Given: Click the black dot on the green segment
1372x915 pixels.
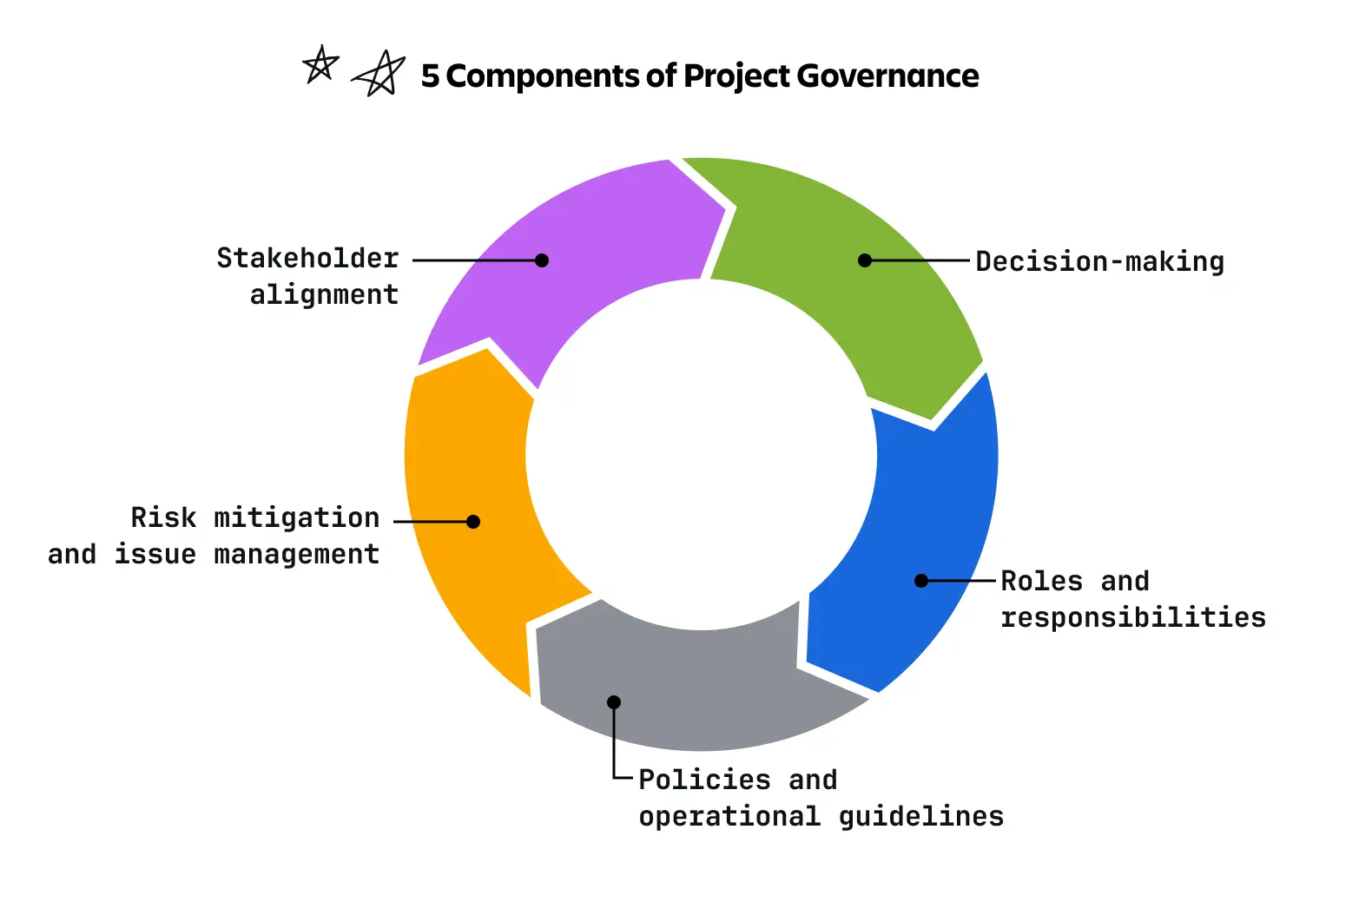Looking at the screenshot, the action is coord(865,260).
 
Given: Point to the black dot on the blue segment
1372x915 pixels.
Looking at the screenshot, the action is coord(921,581).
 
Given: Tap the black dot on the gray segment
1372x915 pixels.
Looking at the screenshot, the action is coord(614,701).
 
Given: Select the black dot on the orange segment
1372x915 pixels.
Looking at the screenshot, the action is coord(473,522).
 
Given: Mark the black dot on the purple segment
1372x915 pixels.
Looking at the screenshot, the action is coord(542,260).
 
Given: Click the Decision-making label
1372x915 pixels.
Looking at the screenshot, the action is coord(1100,262).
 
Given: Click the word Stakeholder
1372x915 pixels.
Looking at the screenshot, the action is coord(307,258).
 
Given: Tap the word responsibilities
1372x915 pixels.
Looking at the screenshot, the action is coord(1133,617).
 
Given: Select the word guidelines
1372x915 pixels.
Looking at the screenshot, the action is coord(921,816).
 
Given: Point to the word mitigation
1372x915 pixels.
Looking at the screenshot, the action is coord(296,518).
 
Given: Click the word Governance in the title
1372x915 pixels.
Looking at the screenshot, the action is coord(887,76).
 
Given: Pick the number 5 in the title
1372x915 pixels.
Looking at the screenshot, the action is coord(430,76).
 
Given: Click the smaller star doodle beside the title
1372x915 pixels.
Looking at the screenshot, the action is coord(320,63).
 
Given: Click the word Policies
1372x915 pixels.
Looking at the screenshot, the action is coord(704,780).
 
